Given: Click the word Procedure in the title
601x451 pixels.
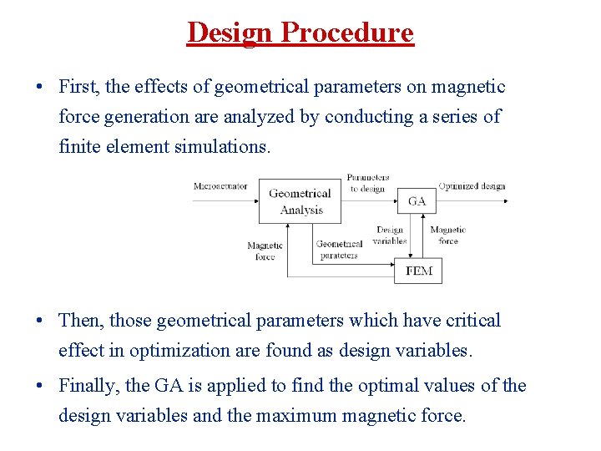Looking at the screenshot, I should click(346, 33).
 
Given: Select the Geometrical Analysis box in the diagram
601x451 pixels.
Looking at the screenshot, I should click(300, 201).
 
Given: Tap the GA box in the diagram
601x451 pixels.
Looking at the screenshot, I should click(417, 201).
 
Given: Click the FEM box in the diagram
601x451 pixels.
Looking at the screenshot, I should click(418, 271).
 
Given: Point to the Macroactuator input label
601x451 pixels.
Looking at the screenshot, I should click(220, 186).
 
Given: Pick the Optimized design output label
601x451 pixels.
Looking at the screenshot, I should click(472, 186).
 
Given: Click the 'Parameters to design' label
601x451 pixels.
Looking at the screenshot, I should click(367, 183).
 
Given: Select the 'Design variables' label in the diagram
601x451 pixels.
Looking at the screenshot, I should click(389, 236).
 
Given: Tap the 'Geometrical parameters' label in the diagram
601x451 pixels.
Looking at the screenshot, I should click(338, 250).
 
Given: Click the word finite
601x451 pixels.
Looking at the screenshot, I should click(78, 147).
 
